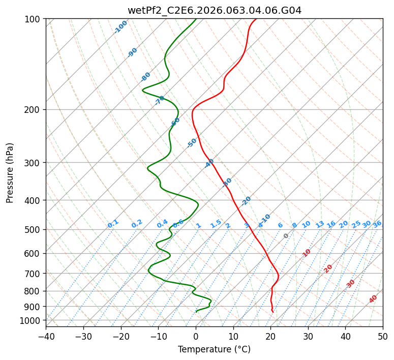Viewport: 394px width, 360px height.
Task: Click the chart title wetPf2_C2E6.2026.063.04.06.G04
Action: [x=215, y=10]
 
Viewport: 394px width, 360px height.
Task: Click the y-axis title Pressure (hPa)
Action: [x=10, y=173]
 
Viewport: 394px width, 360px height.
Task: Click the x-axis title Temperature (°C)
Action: [x=215, y=349]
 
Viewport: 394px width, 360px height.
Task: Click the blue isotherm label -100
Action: [x=120, y=27]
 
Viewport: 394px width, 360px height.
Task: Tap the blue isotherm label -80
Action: [x=146, y=77]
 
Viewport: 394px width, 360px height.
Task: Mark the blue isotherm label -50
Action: [x=192, y=143]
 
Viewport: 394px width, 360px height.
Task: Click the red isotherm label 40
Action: [x=373, y=299]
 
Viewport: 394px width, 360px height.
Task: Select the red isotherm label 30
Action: [x=351, y=284]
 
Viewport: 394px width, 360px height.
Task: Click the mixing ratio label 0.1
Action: [x=113, y=224]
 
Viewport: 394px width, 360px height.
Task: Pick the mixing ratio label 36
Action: [x=377, y=224]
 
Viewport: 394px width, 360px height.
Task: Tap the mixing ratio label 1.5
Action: [x=216, y=224]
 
